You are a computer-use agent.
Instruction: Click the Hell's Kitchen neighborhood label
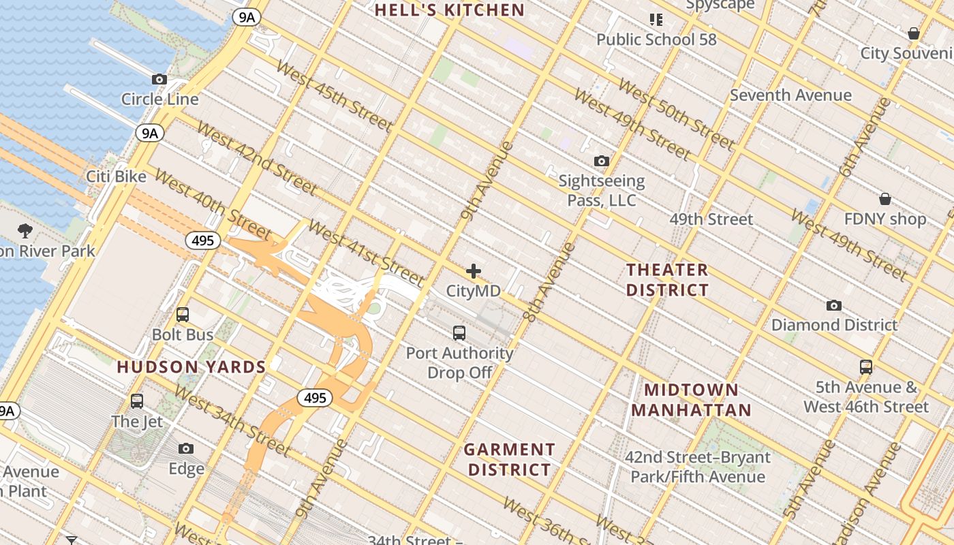(450, 10)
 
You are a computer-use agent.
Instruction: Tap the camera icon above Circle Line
(159, 80)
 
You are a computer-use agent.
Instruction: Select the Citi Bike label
(116, 176)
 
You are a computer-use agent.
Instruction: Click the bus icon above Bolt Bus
(183, 315)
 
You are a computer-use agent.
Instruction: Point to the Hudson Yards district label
(191, 367)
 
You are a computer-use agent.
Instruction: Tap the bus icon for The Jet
(137, 401)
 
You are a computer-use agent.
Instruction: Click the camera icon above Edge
(186, 449)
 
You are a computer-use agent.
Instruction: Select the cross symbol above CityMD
(473, 271)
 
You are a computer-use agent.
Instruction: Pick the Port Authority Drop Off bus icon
(459, 333)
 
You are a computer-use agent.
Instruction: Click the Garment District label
(510, 459)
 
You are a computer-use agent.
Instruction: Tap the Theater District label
(667, 280)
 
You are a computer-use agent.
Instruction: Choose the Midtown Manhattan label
(691, 400)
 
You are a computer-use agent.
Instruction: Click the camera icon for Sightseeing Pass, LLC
(601, 161)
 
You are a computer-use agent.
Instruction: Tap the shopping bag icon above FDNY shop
(884, 199)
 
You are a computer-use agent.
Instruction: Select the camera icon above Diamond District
(833, 305)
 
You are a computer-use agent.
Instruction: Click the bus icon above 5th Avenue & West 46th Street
(865, 367)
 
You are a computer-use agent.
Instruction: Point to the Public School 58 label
(656, 40)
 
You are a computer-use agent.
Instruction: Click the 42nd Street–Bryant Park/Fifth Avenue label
(698, 467)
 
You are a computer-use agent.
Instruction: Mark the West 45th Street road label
(334, 97)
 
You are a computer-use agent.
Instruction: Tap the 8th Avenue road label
(550, 281)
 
